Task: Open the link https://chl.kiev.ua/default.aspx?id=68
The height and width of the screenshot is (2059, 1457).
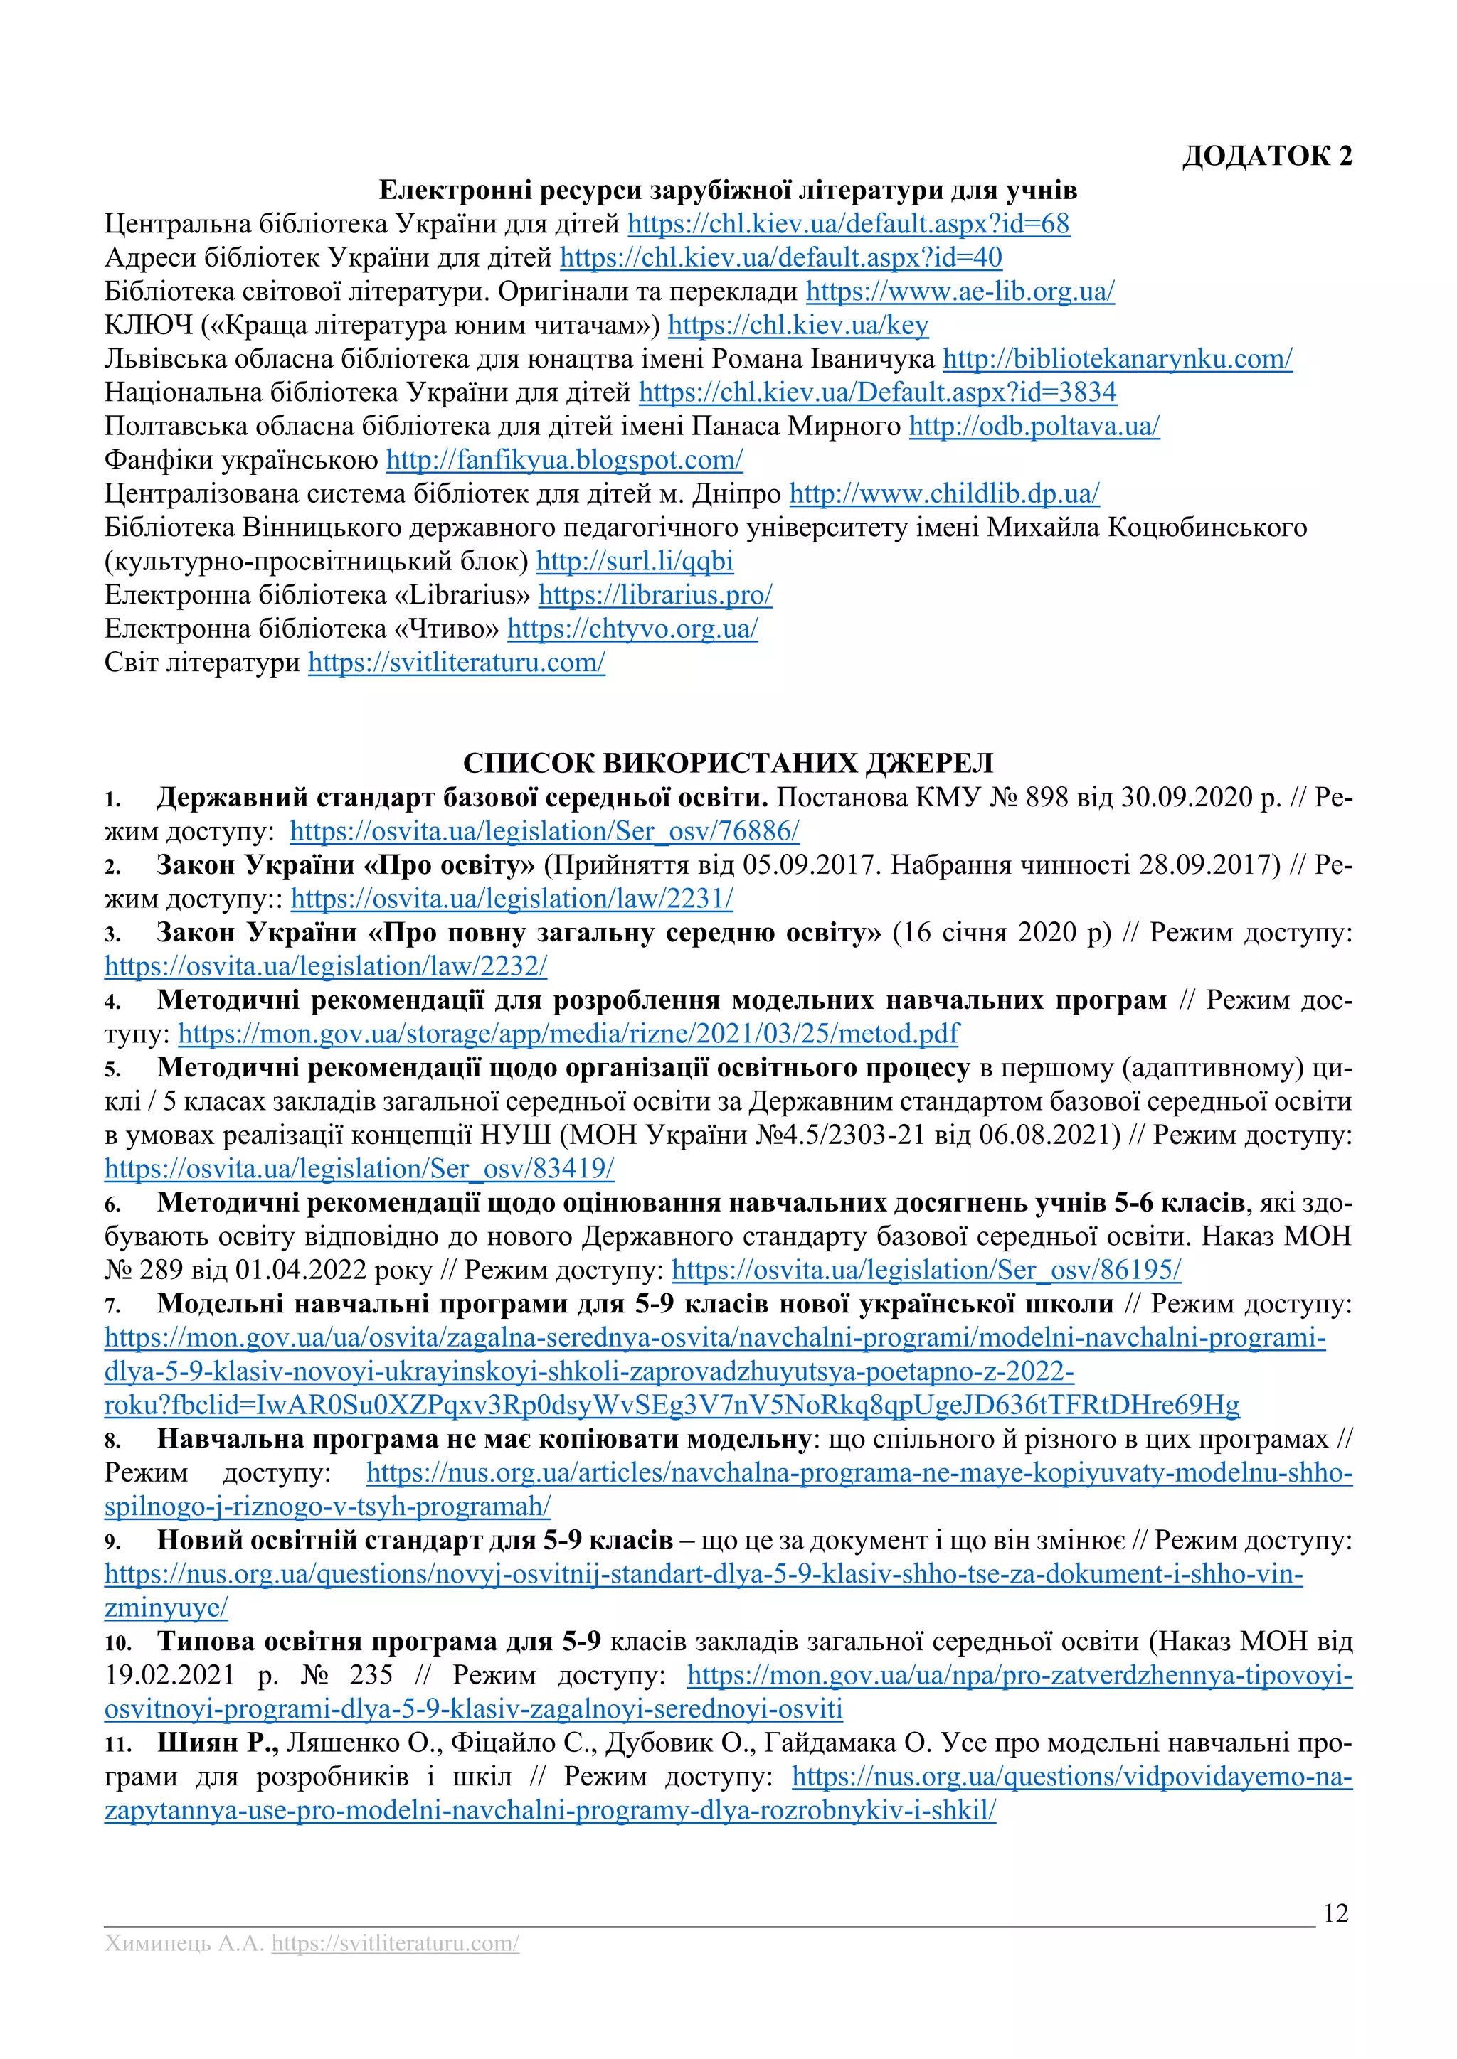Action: pyautogui.click(x=848, y=223)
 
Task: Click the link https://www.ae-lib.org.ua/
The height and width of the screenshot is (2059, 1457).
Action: pyautogui.click(x=959, y=292)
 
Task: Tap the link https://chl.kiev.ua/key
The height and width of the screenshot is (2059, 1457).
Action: pyautogui.click(x=798, y=325)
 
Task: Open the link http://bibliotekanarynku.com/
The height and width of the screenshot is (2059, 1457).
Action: pyautogui.click(x=1117, y=359)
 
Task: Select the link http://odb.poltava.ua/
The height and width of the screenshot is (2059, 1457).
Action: pyautogui.click(x=1034, y=426)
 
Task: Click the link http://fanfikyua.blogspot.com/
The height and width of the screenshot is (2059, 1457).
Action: pyautogui.click(x=563, y=460)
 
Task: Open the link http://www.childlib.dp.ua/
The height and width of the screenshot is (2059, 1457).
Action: pyautogui.click(x=944, y=494)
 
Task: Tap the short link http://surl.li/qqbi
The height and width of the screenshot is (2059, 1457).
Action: pyautogui.click(x=635, y=562)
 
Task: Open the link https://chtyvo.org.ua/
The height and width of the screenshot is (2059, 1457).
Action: pyautogui.click(x=632, y=629)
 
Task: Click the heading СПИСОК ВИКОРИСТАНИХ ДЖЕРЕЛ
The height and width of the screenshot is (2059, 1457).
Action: pyautogui.click(x=728, y=763)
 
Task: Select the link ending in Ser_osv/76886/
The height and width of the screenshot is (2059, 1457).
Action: pyautogui.click(x=544, y=831)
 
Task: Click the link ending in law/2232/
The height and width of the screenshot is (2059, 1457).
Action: pyautogui.click(x=325, y=967)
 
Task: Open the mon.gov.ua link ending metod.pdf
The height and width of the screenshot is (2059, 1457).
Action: pyautogui.click(x=568, y=1034)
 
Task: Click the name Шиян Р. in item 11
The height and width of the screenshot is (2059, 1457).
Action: pyautogui.click(x=217, y=1743)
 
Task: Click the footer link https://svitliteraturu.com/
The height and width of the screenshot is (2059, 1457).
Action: pyautogui.click(x=395, y=1945)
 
